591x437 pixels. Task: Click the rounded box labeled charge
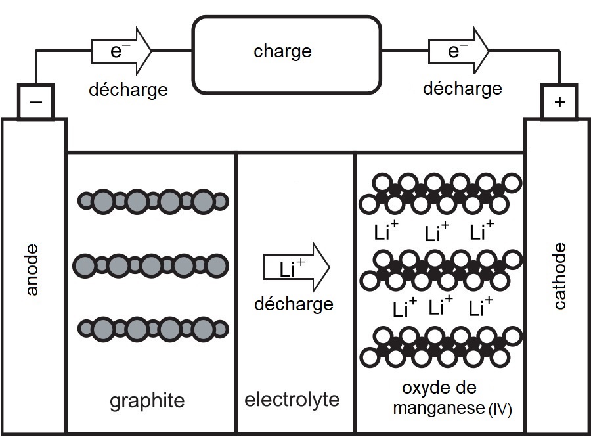[x=286, y=54]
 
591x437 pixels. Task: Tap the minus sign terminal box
[x=35, y=101]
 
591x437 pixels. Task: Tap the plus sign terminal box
[x=559, y=102]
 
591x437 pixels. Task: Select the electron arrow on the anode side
[x=121, y=50]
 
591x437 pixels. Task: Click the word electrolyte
[x=292, y=399]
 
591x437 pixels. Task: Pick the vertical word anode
[x=33, y=270]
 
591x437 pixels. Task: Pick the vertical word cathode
[x=559, y=276]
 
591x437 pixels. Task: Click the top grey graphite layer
[x=153, y=200]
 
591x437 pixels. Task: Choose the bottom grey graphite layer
[x=153, y=328]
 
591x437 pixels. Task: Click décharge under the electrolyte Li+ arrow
[x=294, y=304]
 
